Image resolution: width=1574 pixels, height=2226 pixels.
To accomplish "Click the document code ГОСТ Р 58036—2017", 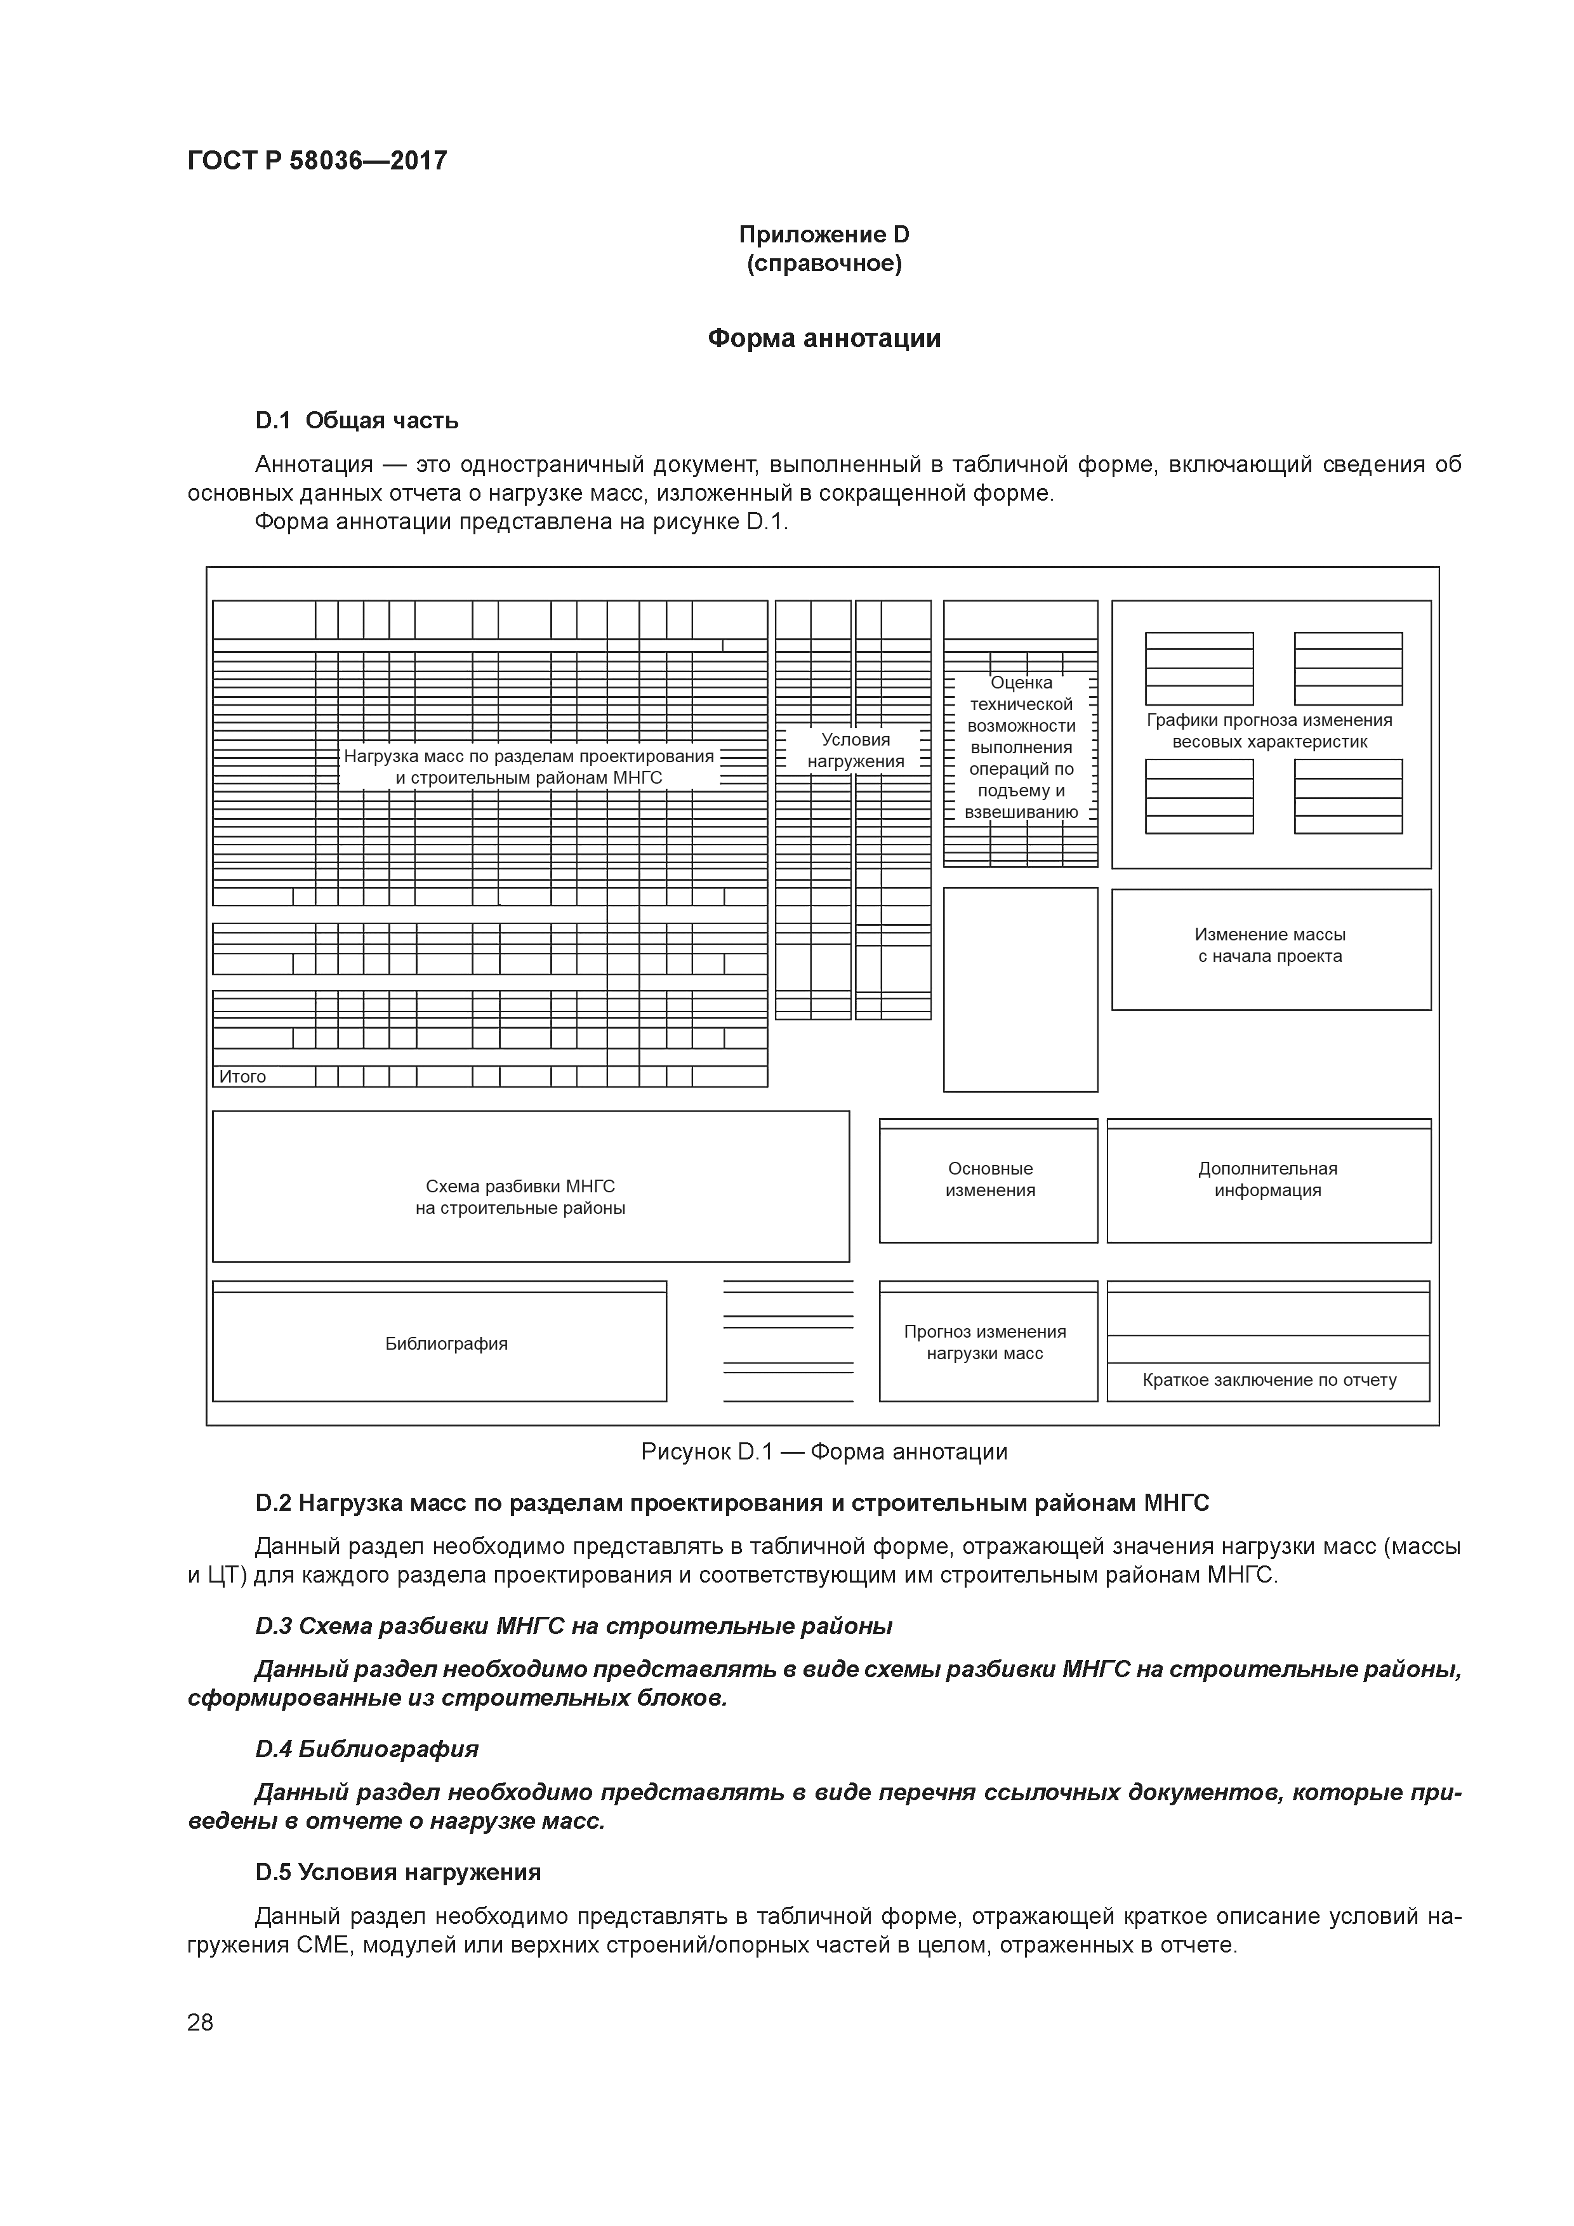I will pyautogui.click(x=317, y=160).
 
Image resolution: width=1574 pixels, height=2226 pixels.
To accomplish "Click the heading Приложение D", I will pyautogui.click(x=823, y=235).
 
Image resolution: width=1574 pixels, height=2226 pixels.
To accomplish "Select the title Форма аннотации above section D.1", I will pyautogui.click(x=823, y=338).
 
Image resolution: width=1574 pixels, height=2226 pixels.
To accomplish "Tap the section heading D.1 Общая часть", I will pyautogui.click(x=357, y=421).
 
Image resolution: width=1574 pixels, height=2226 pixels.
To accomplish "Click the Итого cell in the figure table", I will pyautogui.click(x=242, y=1076).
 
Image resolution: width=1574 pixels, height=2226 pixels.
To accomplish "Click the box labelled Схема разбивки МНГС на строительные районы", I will pyautogui.click(x=521, y=1196).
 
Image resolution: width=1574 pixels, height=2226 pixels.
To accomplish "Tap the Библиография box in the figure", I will pyautogui.click(x=446, y=1344).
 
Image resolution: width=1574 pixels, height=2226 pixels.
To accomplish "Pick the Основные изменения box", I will pyautogui.click(x=990, y=1180).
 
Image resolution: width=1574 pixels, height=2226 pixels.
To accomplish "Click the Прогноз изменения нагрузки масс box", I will pyautogui.click(x=984, y=1343).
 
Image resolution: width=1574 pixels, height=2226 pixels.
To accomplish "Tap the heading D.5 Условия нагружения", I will pyautogui.click(x=397, y=1872).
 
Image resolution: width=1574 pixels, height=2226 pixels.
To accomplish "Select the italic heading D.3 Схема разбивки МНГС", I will pyautogui.click(x=573, y=1626).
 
